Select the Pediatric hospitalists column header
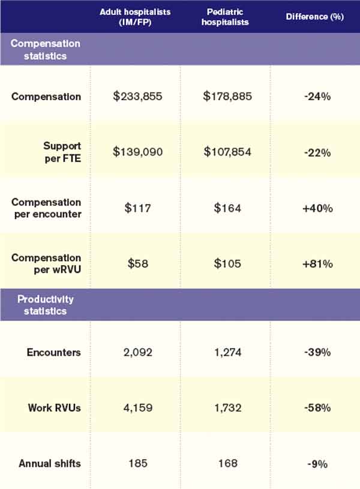pos(225,16)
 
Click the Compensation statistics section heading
pos(46,50)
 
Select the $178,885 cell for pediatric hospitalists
pos(225,97)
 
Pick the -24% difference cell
pos(316,97)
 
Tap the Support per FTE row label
pos(62,152)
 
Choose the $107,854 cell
pos(225,152)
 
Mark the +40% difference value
pos(316,208)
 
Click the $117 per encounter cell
pos(138,208)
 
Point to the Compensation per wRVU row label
pos(46,264)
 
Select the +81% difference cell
pos(316,264)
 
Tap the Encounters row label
pos(54,352)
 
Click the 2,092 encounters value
pos(138,352)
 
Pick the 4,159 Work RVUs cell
pos(138,408)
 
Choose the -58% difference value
pos(316,408)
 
